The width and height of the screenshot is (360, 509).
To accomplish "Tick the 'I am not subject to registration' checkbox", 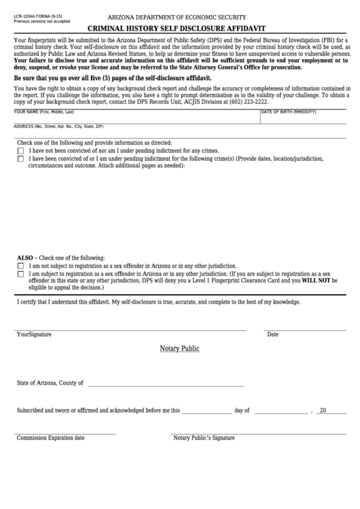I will [x=20, y=266].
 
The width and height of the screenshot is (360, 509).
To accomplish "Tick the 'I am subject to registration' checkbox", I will [x=20, y=274].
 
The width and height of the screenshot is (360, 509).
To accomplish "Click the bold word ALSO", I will [x=24, y=258].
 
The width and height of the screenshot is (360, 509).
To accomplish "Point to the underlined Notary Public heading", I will [x=179, y=349].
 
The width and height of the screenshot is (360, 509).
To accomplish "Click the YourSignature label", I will [x=34, y=334].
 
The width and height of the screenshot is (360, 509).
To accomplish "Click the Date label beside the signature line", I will [x=272, y=334].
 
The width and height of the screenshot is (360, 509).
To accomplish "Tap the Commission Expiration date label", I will [x=51, y=438].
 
